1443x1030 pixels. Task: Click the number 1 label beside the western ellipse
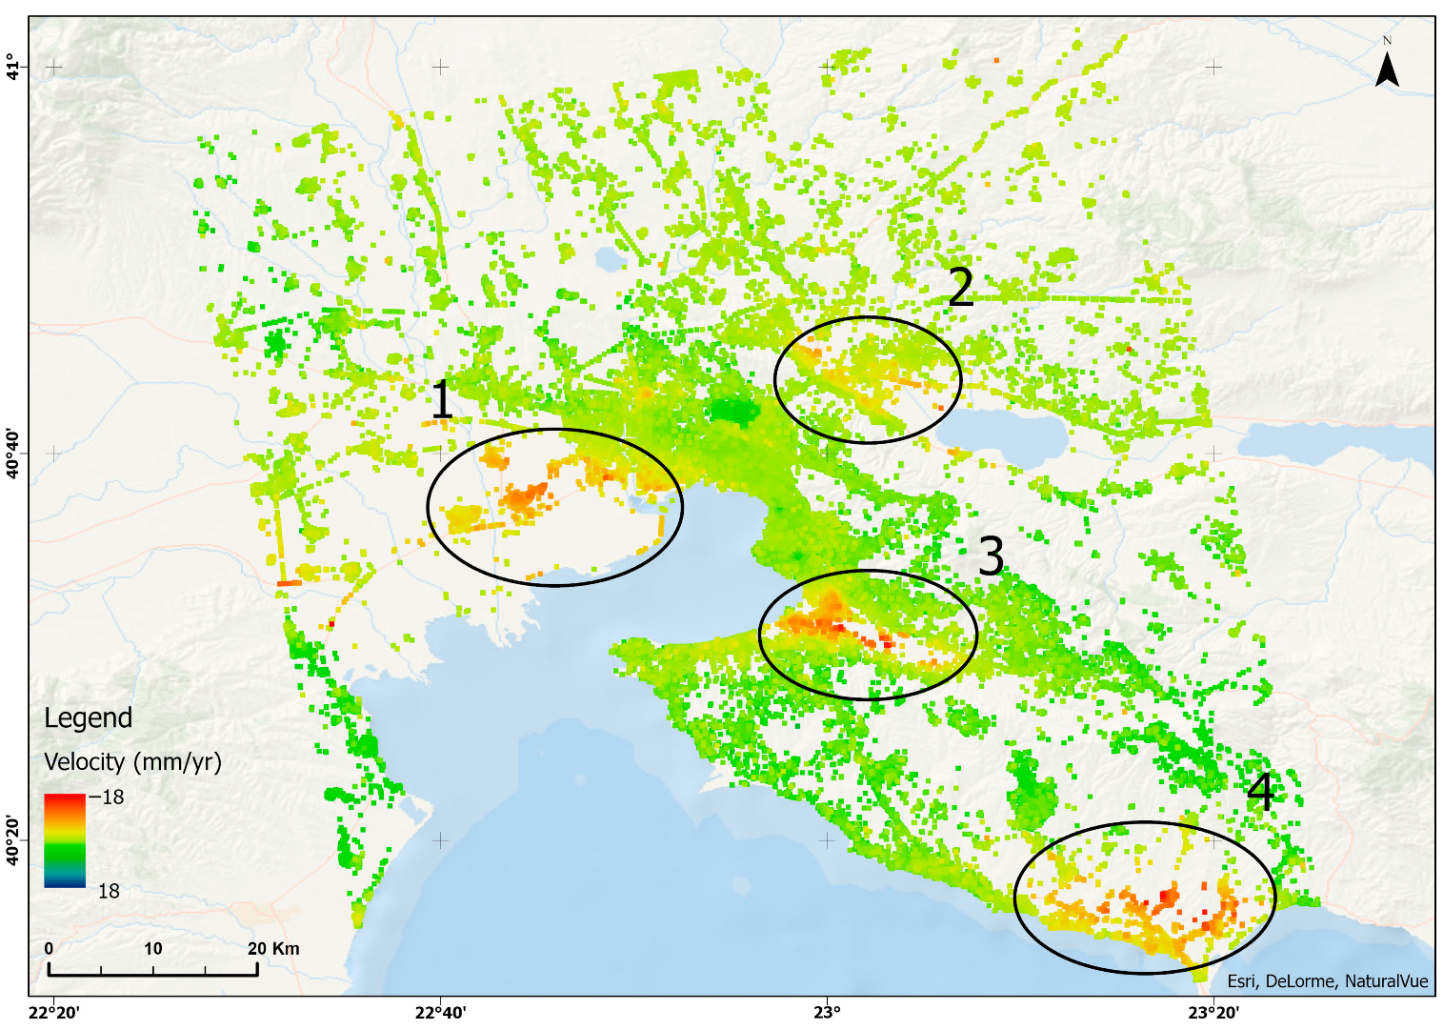pos(441,399)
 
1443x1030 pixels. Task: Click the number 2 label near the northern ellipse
pos(960,287)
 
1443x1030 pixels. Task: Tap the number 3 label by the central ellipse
pos(991,556)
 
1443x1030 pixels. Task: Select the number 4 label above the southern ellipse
pos(1260,793)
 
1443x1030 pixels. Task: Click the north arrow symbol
pos(1387,66)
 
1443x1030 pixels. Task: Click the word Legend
pos(88,718)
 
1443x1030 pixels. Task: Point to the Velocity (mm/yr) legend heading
pos(132,762)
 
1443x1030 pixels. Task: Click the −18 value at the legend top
pos(107,798)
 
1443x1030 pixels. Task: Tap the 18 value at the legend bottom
pos(109,891)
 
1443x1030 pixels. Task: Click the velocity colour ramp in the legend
pos(65,840)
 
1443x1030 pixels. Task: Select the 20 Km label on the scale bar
pos(273,948)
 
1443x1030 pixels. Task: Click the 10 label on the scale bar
pos(153,948)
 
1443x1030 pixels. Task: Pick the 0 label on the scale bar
pos(49,948)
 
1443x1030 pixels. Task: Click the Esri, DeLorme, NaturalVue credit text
pos(1327,981)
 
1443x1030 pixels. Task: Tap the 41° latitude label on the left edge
pos(13,67)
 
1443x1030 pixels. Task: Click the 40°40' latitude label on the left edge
pos(13,454)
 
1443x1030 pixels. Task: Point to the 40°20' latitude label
pos(13,839)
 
